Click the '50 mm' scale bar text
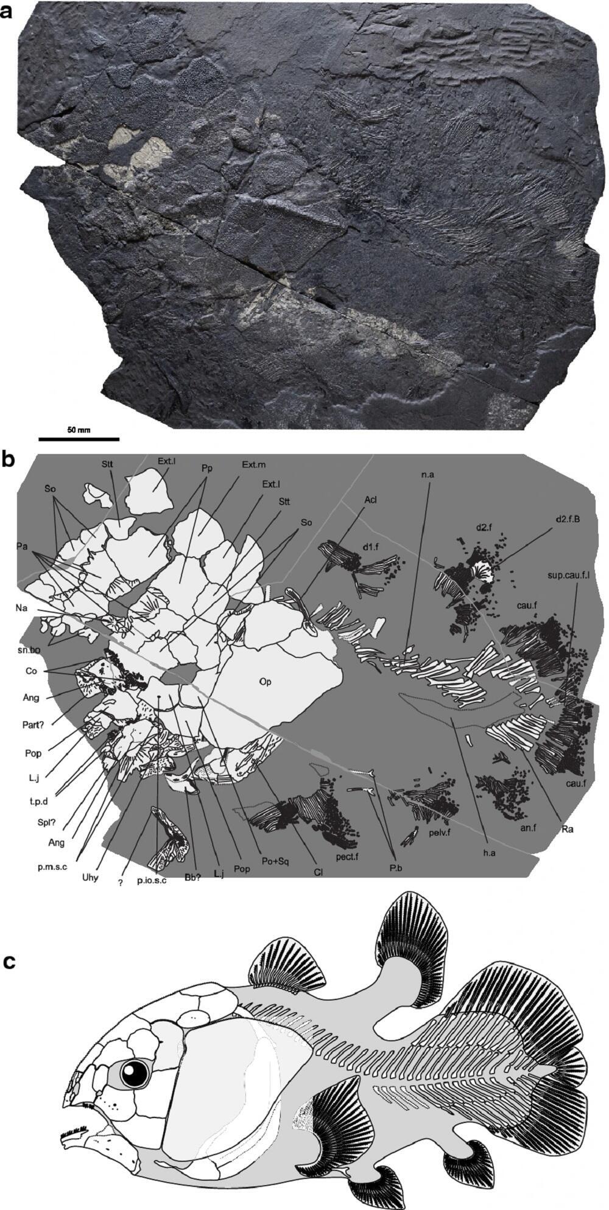(79, 430)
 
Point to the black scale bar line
(79, 438)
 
